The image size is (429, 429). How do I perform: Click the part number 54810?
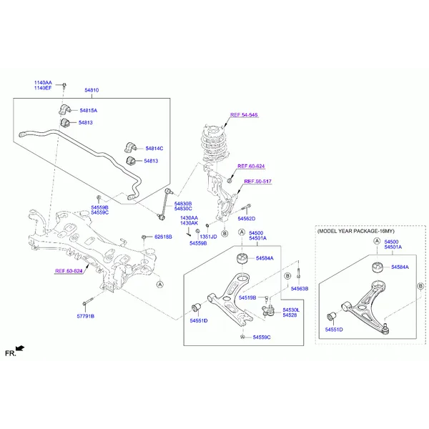click(x=92, y=91)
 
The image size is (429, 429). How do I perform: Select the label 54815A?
click(x=88, y=111)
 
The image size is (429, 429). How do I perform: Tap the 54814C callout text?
click(x=154, y=148)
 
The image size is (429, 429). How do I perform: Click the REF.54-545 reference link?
click(x=244, y=115)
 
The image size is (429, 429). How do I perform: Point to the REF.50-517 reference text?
click(x=257, y=182)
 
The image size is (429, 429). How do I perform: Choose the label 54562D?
click(x=246, y=218)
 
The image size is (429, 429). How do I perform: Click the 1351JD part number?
click(x=207, y=237)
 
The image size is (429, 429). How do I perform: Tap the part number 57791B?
click(x=85, y=315)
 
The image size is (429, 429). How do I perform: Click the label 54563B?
click(x=299, y=289)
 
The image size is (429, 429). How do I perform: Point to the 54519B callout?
click(x=247, y=297)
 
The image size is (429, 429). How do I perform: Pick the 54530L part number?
click(x=291, y=310)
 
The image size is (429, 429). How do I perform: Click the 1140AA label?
click(x=43, y=82)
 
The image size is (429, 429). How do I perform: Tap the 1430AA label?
click(x=189, y=217)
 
